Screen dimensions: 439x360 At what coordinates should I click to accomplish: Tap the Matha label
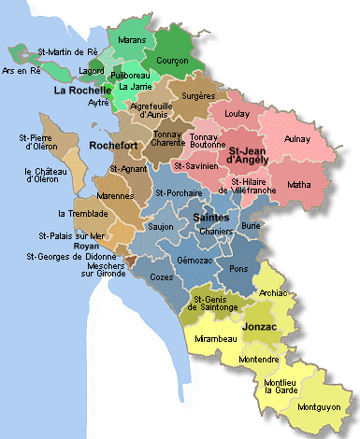tap(300, 184)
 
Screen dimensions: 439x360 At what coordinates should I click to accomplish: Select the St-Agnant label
tap(127, 168)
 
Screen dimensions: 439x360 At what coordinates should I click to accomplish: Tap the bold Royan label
tap(60, 247)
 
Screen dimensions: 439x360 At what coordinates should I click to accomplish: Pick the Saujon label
tap(162, 226)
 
